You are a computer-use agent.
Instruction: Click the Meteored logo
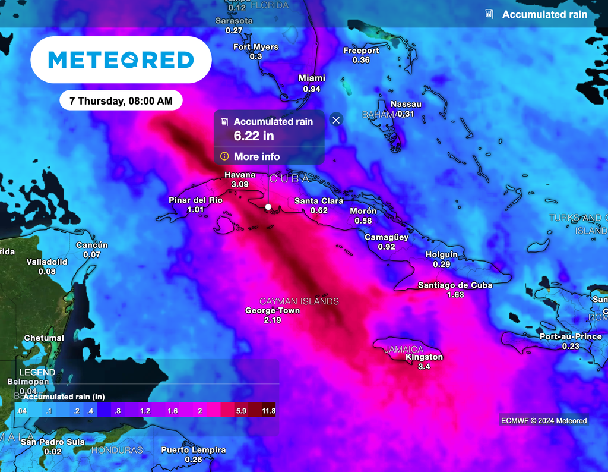121,59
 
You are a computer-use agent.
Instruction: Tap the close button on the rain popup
336,120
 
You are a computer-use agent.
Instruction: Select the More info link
257,156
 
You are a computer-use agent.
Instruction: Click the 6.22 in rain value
254,136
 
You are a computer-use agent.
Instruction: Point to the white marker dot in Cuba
268,207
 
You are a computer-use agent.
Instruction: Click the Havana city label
240,175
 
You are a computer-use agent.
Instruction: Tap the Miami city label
312,78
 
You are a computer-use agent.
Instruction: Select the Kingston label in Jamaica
424,357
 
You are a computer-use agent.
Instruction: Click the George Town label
273,310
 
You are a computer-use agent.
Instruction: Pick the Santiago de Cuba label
455,285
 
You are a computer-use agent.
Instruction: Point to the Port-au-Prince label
571,336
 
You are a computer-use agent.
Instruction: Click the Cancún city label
92,246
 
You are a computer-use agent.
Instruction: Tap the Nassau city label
406,104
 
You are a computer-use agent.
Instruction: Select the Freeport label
361,51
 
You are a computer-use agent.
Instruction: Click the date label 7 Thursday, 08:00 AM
121,101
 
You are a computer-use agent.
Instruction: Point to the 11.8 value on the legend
268,411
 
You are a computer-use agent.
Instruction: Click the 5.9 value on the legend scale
241,411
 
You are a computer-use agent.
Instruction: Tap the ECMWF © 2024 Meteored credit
543,421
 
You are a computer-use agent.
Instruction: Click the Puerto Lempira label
194,450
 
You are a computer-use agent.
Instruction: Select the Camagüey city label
387,237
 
